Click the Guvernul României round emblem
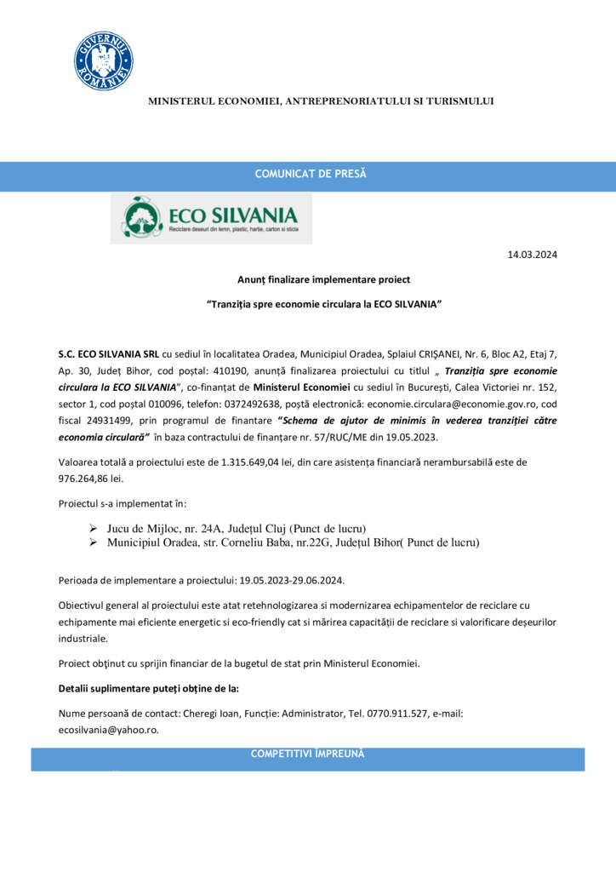pos(103,61)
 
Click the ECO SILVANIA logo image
pos(210,218)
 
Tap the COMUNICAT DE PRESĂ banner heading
pos(311,175)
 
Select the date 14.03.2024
pos(533,255)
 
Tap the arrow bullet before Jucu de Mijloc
pos(93,528)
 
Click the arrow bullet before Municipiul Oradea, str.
pos(93,542)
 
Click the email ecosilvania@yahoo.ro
pos(108,730)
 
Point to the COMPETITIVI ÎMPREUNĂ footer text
pos(307,754)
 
